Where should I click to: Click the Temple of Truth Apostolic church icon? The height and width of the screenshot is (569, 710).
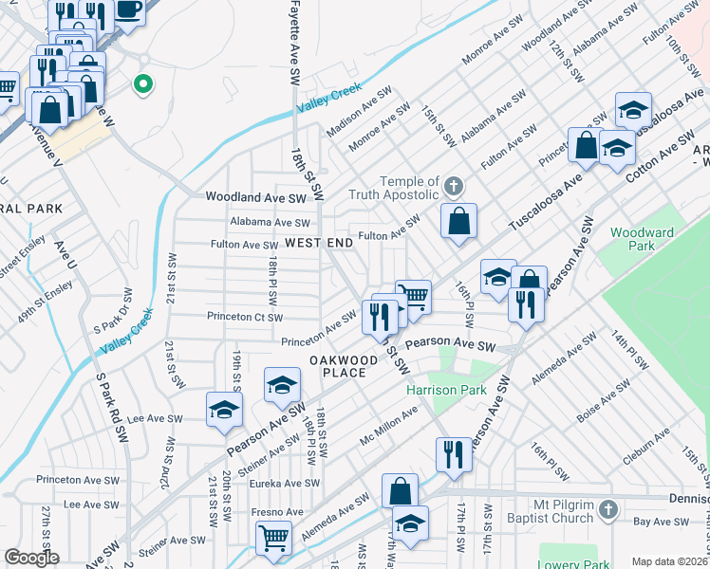(x=453, y=184)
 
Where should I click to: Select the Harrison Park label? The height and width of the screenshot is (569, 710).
(x=446, y=390)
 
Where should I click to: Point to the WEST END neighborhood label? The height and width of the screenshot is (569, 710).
(x=319, y=243)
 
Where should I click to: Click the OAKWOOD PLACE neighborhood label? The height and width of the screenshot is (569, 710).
(x=337, y=366)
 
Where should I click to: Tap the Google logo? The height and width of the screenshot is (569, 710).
(x=31, y=558)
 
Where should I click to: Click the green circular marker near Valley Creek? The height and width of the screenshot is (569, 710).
(x=144, y=85)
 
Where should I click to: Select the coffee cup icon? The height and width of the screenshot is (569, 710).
(x=129, y=10)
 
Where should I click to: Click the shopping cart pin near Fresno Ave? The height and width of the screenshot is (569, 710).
(x=273, y=538)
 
